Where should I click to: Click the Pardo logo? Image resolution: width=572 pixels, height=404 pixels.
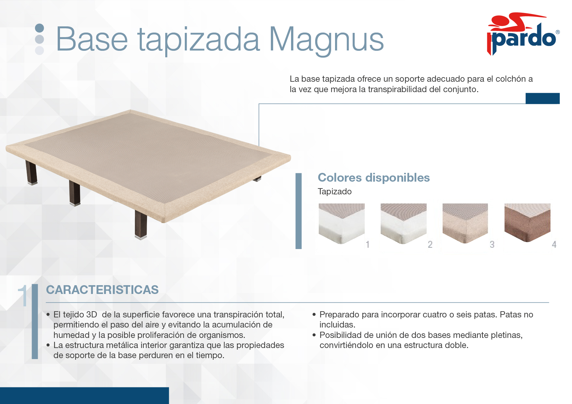[x=523, y=34]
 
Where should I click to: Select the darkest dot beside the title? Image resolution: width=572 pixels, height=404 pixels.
[x=39, y=28]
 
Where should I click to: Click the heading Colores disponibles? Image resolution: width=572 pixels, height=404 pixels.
[x=374, y=178]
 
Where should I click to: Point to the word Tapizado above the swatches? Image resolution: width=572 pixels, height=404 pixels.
[x=334, y=191]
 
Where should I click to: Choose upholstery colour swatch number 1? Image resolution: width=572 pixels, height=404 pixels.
[x=342, y=224]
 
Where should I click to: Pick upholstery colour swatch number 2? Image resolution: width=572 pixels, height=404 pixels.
[x=403, y=224]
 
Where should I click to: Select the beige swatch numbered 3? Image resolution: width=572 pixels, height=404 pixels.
[x=465, y=223]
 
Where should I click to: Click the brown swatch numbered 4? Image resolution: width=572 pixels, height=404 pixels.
[x=527, y=223]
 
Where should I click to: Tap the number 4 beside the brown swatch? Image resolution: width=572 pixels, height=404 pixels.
[x=554, y=244]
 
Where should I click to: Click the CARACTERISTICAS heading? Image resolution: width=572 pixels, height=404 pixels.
[x=102, y=290]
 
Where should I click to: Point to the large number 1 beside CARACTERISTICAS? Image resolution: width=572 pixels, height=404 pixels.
[x=23, y=296]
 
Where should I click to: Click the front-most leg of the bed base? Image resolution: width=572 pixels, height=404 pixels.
[x=141, y=225]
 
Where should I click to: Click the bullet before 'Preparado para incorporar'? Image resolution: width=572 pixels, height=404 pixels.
[x=314, y=314]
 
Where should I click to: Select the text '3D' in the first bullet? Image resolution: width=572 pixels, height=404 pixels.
[x=92, y=314]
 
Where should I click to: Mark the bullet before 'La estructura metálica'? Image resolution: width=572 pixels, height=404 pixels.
[x=48, y=345]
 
